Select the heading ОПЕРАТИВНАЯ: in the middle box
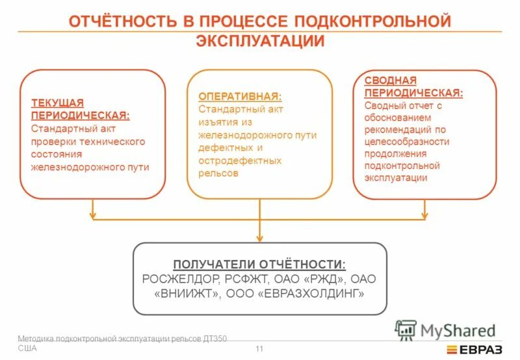click(240, 96)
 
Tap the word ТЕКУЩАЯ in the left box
click(58, 103)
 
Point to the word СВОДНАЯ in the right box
click(390, 81)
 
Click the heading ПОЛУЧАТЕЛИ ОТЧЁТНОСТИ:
click(259, 264)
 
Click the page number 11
click(259, 350)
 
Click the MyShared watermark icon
click(405, 330)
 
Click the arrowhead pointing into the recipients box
click(259, 237)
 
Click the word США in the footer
click(27, 348)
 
